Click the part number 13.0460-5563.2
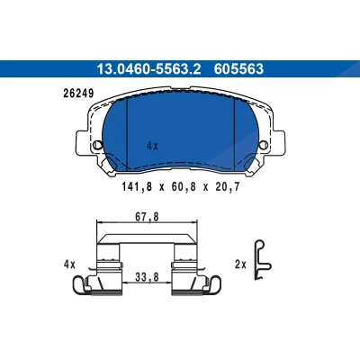click(x=148, y=69)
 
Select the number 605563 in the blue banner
click(x=238, y=69)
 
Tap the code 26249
click(x=78, y=94)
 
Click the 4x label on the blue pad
click(x=152, y=147)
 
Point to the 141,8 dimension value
click(x=137, y=187)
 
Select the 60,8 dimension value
click(x=184, y=187)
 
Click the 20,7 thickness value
click(x=227, y=187)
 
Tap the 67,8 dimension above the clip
click(x=147, y=217)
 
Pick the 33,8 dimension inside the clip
click(x=147, y=278)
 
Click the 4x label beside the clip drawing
click(x=69, y=265)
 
